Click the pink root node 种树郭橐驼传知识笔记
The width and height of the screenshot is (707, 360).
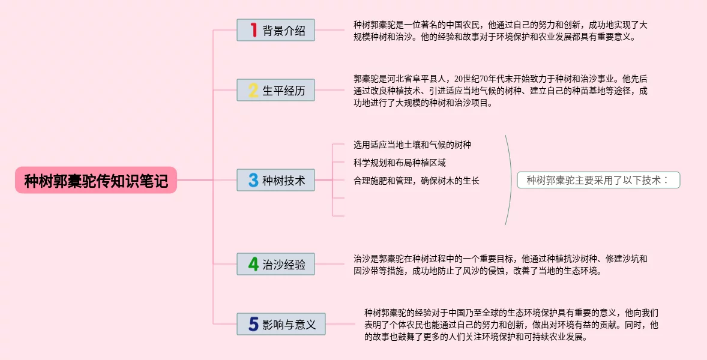click(x=96, y=180)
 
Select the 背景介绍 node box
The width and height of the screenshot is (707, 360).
click(x=275, y=30)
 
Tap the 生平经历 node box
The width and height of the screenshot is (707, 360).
click(x=275, y=90)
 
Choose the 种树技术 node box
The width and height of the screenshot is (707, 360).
click(x=275, y=180)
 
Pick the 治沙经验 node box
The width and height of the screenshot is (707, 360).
click(x=275, y=264)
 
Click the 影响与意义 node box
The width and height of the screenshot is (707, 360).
click(x=281, y=324)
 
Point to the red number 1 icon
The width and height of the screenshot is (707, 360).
click(x=253, y=30)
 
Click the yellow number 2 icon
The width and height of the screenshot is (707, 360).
click(x=253, y=90)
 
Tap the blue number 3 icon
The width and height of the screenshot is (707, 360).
click(x=253, y=180)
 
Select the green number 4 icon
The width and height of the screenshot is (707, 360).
click(x=253, y=264)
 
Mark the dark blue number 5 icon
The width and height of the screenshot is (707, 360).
click(x=253, y=324)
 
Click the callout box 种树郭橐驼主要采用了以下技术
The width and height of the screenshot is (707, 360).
click(x=598, y=180)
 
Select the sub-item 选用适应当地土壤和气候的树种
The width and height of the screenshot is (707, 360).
click(x=412, y=145)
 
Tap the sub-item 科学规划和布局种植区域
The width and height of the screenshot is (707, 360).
click(x=400, y=163)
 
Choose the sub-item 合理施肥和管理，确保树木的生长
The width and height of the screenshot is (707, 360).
click(x=417, y=181)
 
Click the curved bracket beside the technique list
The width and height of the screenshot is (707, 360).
click(x=510, y=180)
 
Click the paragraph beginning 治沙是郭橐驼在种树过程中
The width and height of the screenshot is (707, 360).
click(x=501, y=265)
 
